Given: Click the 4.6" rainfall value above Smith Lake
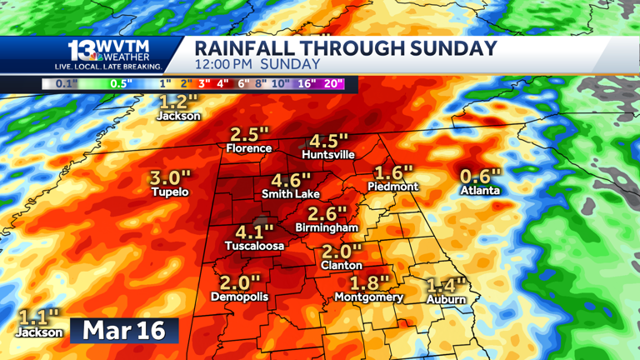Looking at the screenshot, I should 291,179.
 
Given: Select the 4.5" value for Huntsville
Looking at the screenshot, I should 327,141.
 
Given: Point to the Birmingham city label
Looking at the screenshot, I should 327,227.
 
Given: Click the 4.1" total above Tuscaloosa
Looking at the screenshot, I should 254,232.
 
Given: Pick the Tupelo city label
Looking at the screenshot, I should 170,192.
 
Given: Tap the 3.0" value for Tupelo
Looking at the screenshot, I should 170,177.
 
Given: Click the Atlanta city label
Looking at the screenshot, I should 481,190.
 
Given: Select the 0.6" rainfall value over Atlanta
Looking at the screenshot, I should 481,176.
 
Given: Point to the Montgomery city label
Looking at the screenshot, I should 368,297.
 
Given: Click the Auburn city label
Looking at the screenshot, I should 446,299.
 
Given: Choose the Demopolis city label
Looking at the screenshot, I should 240,297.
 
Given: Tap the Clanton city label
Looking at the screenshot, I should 342,264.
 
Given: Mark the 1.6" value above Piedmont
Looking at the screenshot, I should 393,172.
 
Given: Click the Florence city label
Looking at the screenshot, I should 248,148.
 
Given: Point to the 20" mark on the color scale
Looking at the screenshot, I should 334,84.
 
